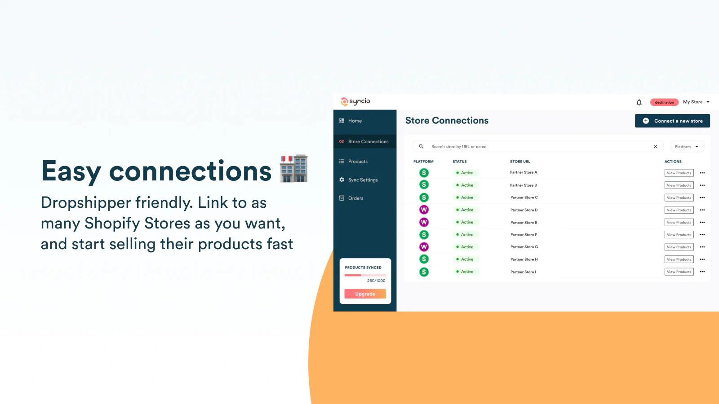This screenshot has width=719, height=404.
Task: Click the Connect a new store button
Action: pyautogui.click(x=672, y=121)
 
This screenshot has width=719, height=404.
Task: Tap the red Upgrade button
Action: pyautogui.click(x=365, y=294)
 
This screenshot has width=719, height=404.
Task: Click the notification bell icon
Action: pyautogui.click(x=639, y=102)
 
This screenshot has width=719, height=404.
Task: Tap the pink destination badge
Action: pyautogui.click(x=664, y=102)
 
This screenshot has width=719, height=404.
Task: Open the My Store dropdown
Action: pyautogui.click(x=696, y=102)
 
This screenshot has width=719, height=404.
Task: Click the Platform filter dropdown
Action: pyautogui.click(x=687, y=146)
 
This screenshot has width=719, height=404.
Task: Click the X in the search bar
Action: pyautogui.click(x=656, y=146)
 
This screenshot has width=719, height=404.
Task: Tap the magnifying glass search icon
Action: pyautogui.click(x=421, y=146)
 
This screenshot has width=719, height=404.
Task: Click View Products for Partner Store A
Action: pyautogui.click(x=679, y=173)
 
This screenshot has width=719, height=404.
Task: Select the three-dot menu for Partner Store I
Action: pyautogui.click(x=702, y=272)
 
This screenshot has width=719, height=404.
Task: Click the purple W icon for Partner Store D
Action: pyautogui.click(x=424, y=210)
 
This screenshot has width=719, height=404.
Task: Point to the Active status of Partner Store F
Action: pyautogui.click(x=465, y=235)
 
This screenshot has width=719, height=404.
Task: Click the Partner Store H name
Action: pyautogui.click(x=524, y=259)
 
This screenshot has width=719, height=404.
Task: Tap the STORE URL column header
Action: pyautogui.click(x=520, y=162)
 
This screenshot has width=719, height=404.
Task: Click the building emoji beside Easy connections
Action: pyautogui.click(x=293, y=169)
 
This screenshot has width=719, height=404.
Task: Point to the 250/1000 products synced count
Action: pyautogui.click(x=376, y=281)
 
